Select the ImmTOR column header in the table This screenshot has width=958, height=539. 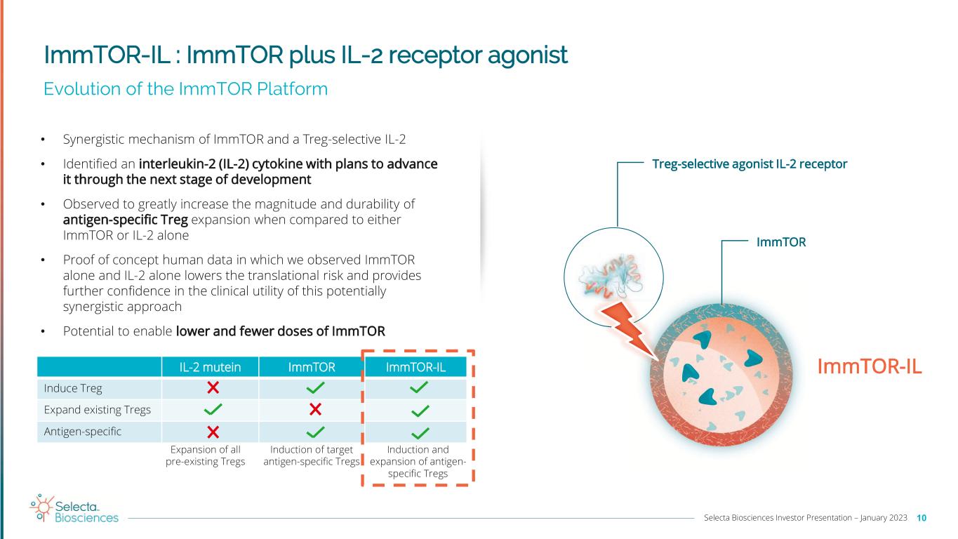point(312,367)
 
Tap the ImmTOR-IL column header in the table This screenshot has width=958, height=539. point(417,367)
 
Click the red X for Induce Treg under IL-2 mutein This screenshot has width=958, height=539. point(213,387)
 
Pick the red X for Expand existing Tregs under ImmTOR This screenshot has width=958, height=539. point(315,408)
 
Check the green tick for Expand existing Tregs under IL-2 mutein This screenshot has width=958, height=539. point(213,408)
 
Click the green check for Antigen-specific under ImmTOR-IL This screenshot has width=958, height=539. point(419,431)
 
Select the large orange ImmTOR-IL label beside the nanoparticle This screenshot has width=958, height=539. point(869,366)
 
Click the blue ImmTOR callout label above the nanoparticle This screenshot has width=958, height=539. point(780,242)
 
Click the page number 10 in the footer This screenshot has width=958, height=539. point(922,518)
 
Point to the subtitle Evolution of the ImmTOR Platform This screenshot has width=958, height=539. point(185,89)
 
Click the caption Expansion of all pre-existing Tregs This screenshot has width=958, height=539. point(208,455)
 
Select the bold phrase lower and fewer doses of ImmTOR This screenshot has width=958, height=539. point(280,331)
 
